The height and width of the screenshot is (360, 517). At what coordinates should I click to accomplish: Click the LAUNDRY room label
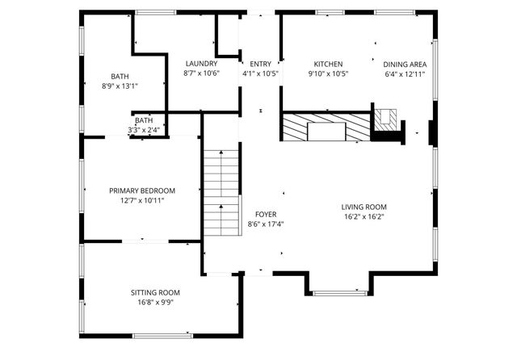click(x=201, y=64)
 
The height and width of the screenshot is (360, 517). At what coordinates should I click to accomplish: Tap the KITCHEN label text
click(x=328, y=64)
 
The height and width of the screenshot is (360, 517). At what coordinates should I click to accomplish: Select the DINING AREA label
click(x=405, y=65)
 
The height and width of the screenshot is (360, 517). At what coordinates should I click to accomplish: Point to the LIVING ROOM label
click(x=364, y=207)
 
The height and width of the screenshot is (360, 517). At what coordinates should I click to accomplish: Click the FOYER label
click(x=266, y=215)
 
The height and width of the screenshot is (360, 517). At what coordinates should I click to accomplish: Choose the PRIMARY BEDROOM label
click(x=142, y=190)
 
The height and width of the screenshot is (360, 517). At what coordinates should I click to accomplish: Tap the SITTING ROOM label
click(x=155, y=293)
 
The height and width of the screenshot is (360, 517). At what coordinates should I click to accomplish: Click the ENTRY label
click(x=260, y=64)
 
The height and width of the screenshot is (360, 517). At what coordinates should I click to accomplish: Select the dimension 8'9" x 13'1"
click(x=120, y=86)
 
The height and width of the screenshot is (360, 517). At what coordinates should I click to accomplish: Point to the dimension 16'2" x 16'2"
click(x=364, y=216)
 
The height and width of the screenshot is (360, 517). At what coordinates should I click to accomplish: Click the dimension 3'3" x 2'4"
click(x=144, y=130)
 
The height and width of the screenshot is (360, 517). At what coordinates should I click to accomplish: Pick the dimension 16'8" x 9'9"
click(x=155, y=303)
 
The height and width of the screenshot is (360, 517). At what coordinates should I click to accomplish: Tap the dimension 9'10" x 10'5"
click(x=328, y=73)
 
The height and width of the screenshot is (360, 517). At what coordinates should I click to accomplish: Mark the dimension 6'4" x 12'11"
click(x=405, y=74)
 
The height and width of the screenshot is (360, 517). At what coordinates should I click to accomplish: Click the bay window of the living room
click(x=340, y=293)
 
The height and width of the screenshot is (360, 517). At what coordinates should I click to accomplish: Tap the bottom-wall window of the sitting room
click(x=162, y=336)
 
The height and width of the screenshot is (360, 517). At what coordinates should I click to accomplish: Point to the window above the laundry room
click(x=156, y=13)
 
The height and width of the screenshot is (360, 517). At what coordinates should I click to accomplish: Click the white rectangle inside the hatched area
click(x=326, y=132)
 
